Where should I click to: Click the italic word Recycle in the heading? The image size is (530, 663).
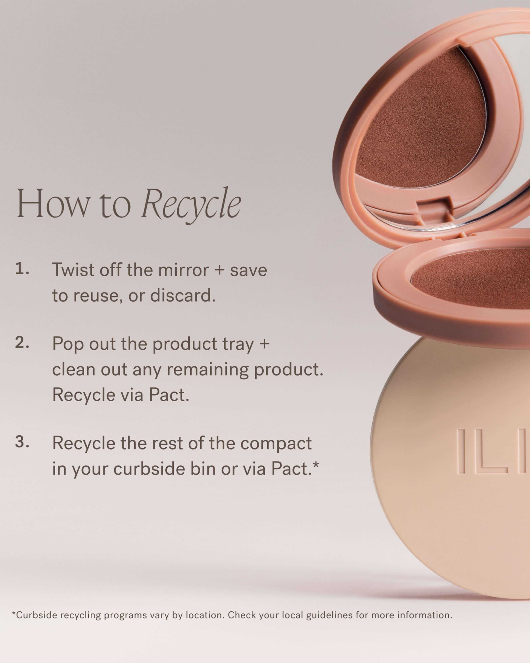[x=191, y=204]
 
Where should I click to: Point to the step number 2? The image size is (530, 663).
[x=22, y=343]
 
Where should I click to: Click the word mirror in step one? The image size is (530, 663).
[x=183, y=270]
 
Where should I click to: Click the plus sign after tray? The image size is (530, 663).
[x=264, y=344]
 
